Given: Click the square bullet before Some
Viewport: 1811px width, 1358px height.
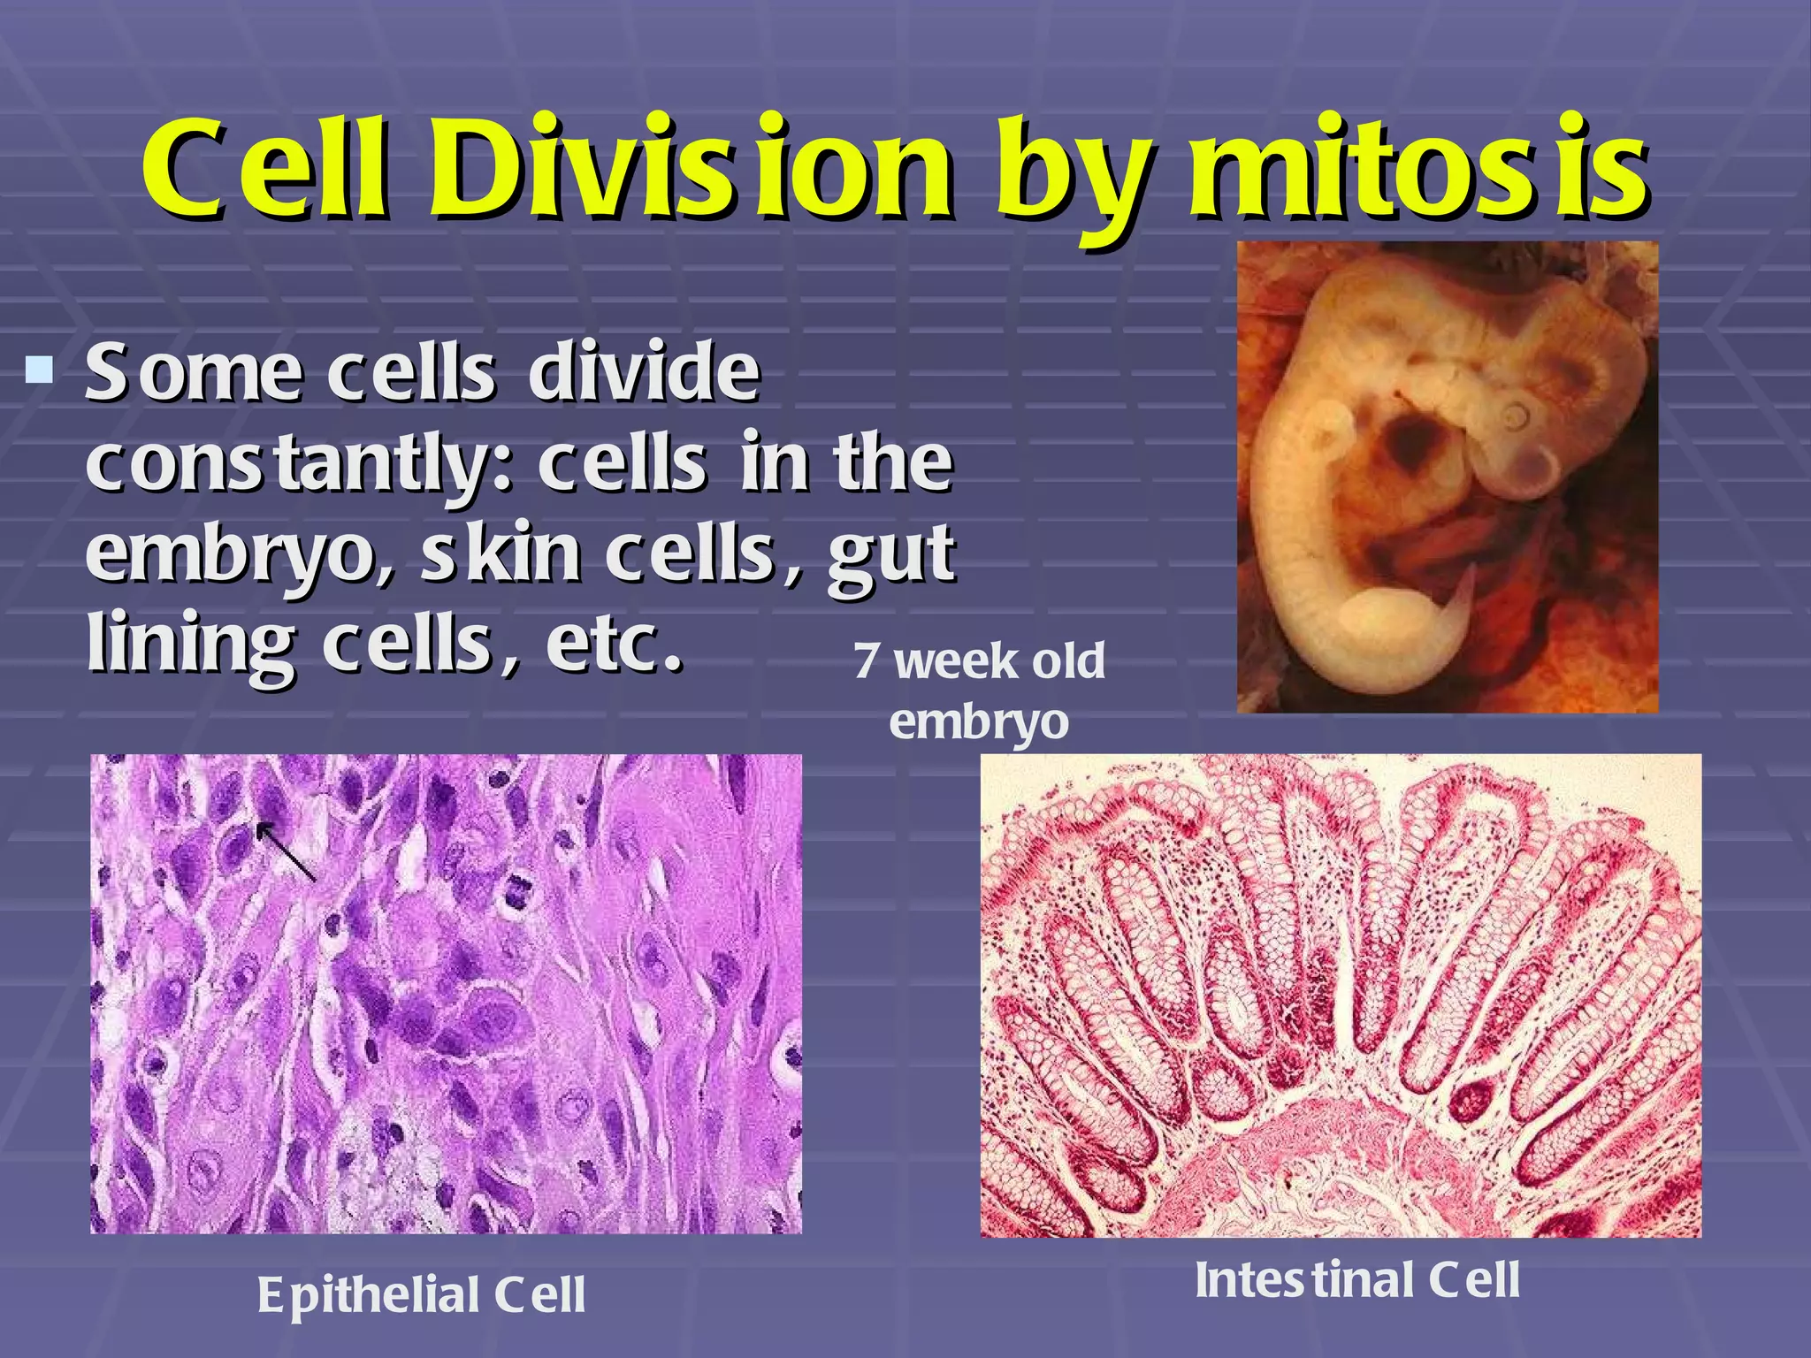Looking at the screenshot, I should click(39, 369).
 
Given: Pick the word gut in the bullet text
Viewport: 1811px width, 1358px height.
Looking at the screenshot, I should click(890, 555).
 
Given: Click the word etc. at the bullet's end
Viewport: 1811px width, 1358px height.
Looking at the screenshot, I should click(615, 643).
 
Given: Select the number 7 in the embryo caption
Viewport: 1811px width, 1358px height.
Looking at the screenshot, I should click(867, 661).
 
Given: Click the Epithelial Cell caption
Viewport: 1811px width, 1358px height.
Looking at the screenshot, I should click(421, 1295).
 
